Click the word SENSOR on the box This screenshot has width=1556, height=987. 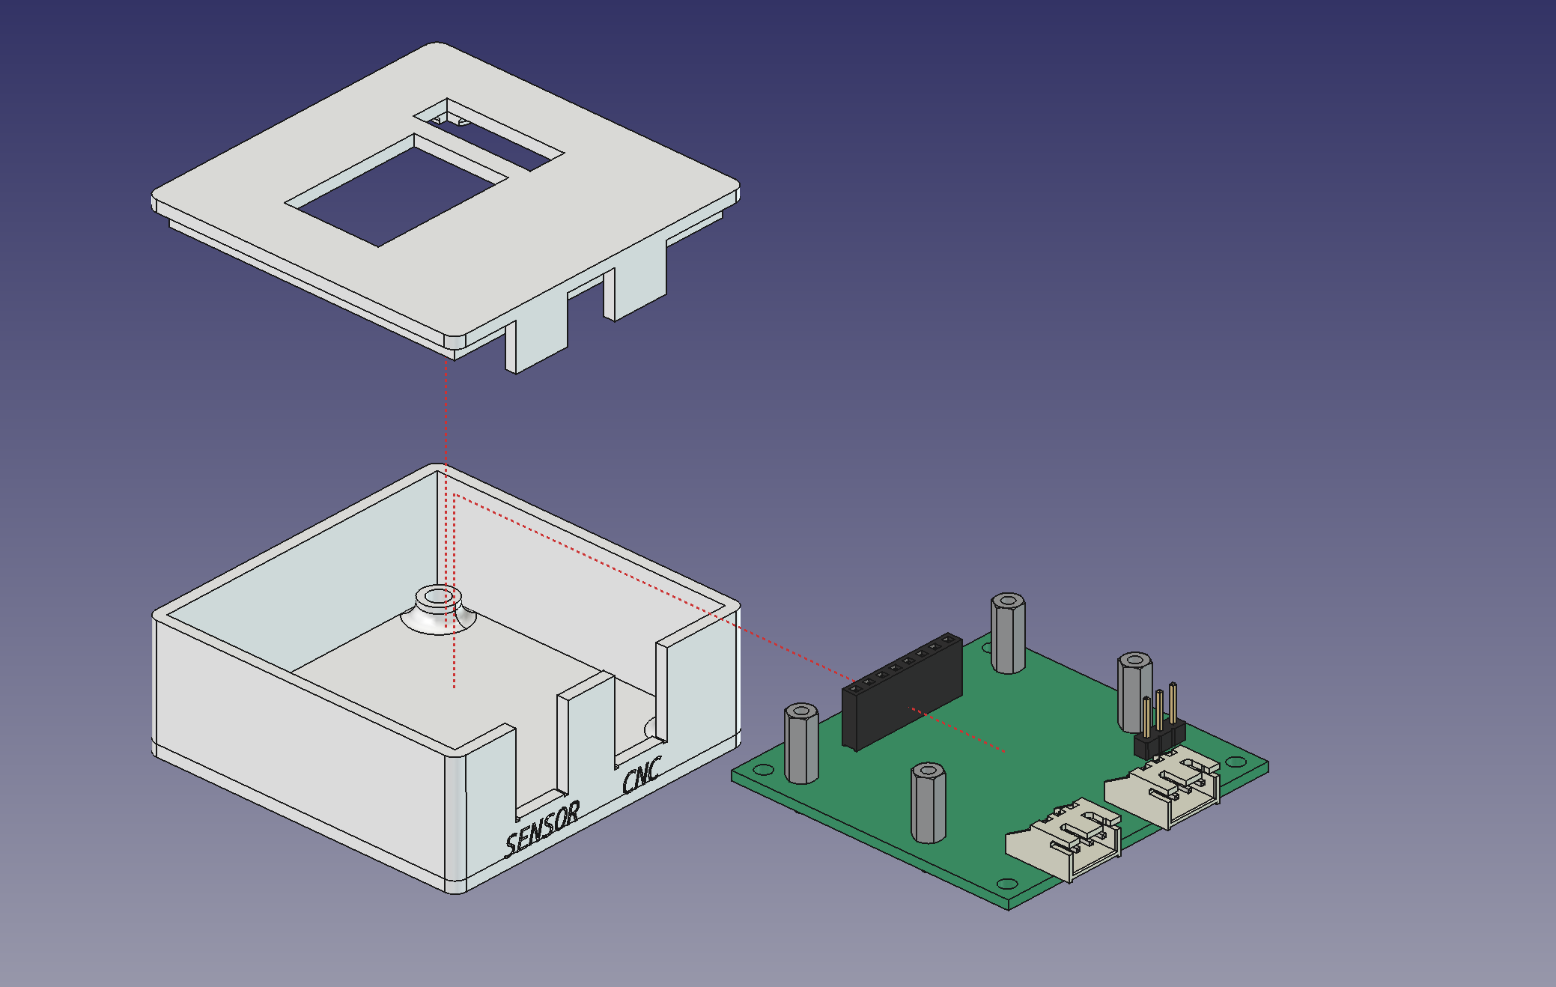click(x=542, y=828)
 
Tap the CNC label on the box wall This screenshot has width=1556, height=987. click(x=642, y=774)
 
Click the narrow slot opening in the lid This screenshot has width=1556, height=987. click(x=488, y=134)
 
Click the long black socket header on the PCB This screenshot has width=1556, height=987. click(x=902, y=690)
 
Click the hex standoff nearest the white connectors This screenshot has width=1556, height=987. click(x=929, y=803)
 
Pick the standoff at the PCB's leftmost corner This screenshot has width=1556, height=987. click(x=801, y=743)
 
